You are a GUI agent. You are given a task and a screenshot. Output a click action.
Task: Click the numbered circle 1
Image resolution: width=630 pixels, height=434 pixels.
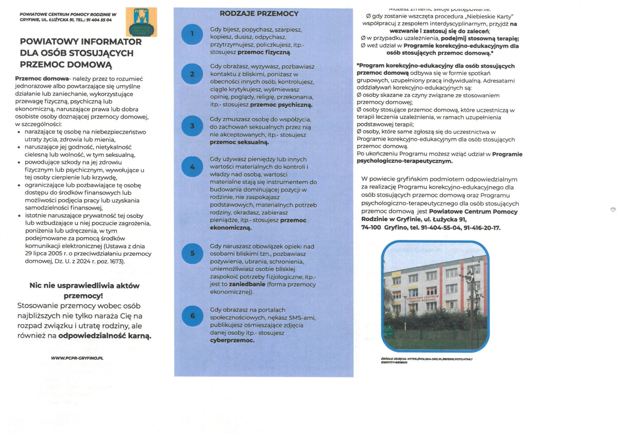click(x=192, y=34)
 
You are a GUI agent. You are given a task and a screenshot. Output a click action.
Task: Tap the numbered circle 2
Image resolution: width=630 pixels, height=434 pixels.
click(x=192, y=74)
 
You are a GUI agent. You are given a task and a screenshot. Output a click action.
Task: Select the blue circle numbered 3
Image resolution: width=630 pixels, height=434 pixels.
click(x=192, y=126)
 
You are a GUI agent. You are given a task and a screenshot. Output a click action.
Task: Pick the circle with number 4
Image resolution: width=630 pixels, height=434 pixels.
click(x=192, y=167)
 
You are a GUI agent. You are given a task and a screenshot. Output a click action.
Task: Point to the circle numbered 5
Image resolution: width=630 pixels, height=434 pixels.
click(x=192, y=253)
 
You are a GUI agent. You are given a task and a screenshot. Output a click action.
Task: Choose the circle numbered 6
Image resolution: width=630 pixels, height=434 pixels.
click(x=192, y=316)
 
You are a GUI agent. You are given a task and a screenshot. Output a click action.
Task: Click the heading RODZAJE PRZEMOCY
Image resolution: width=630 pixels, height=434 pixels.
click(x=259, y=14)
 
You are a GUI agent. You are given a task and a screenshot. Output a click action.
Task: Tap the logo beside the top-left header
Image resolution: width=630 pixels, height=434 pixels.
click(x=141, y=22)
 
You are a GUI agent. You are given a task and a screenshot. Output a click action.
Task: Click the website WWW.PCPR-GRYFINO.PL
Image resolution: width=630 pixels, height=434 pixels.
click(x=77, y=358)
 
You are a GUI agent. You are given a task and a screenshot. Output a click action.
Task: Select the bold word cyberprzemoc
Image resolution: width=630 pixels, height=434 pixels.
click(x=232, y=341)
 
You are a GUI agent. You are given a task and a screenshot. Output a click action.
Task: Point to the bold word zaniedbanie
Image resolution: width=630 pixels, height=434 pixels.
click(x=247, y=284)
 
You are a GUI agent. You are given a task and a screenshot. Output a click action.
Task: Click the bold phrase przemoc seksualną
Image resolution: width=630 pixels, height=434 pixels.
click(x=239, y=142)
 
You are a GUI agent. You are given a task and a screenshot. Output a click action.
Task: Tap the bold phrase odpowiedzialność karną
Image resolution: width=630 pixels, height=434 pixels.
click(x=105, y=336)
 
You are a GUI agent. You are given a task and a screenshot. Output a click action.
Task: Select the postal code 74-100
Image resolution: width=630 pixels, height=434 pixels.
click(x=371, y=228)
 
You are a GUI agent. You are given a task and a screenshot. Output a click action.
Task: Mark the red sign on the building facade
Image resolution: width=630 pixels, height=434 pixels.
click(x=422, y=298)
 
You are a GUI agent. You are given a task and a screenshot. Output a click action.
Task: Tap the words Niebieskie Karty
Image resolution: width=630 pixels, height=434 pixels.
click(x=489, y=17)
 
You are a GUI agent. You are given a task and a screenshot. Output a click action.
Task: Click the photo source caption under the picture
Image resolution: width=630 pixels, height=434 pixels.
click(x=426, y=361)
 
